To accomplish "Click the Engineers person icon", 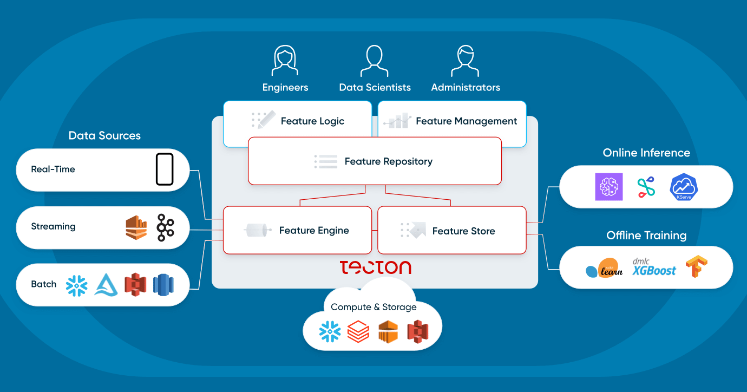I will [x=285, y=61].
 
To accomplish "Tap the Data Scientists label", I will [x=375, y=87].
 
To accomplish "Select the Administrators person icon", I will [x=466, y=61].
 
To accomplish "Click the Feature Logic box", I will [x=297, y=121].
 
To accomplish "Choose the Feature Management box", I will [x=452, y=121].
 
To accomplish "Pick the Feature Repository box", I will [x=375, y=161].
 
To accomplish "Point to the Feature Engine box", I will [x=297, y=230].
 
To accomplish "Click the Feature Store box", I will [x=452, y=231].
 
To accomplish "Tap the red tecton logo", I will [x=375, y=267].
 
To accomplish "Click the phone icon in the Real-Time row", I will [x=165, y=169].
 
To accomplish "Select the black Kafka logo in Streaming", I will [x=165, y=227].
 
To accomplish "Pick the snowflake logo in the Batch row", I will [x=76, y=285].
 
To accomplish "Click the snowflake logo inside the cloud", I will [x=330, y=331].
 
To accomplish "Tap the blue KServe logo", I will [x=684, y=187].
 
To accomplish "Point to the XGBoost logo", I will [x=654, y=267].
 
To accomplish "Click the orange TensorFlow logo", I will [x=697, y=267].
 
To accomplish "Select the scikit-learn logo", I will [x=604, y=268].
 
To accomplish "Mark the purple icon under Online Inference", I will [x=609, y=187].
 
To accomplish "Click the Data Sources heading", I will [x=104, y=136].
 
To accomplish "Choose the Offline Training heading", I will [x=646, y=236].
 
